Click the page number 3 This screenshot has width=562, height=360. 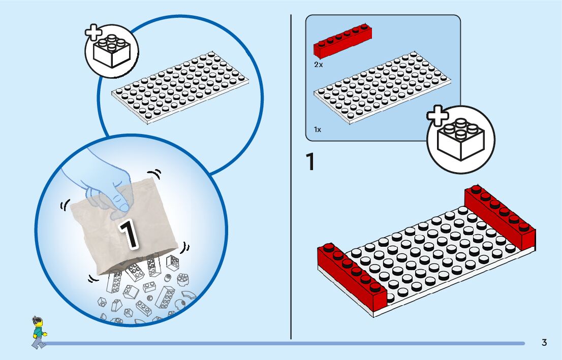[x=544, y=342]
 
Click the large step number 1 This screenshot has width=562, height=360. [x=310, y=161]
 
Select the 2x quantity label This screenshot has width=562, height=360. [x=318, y=65]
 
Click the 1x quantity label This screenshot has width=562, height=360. [x=318, y=129]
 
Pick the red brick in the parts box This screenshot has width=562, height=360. [x=342, y=41]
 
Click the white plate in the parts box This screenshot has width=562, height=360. [x=382, y=87]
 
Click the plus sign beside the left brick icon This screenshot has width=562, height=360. [x=93, y=32]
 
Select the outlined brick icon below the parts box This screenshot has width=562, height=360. [x=461, y=140]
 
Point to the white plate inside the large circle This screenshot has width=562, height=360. [x=180, y=87]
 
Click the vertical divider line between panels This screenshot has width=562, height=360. [x=291, y=177]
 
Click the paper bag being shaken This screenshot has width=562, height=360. [x=123, y=230]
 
